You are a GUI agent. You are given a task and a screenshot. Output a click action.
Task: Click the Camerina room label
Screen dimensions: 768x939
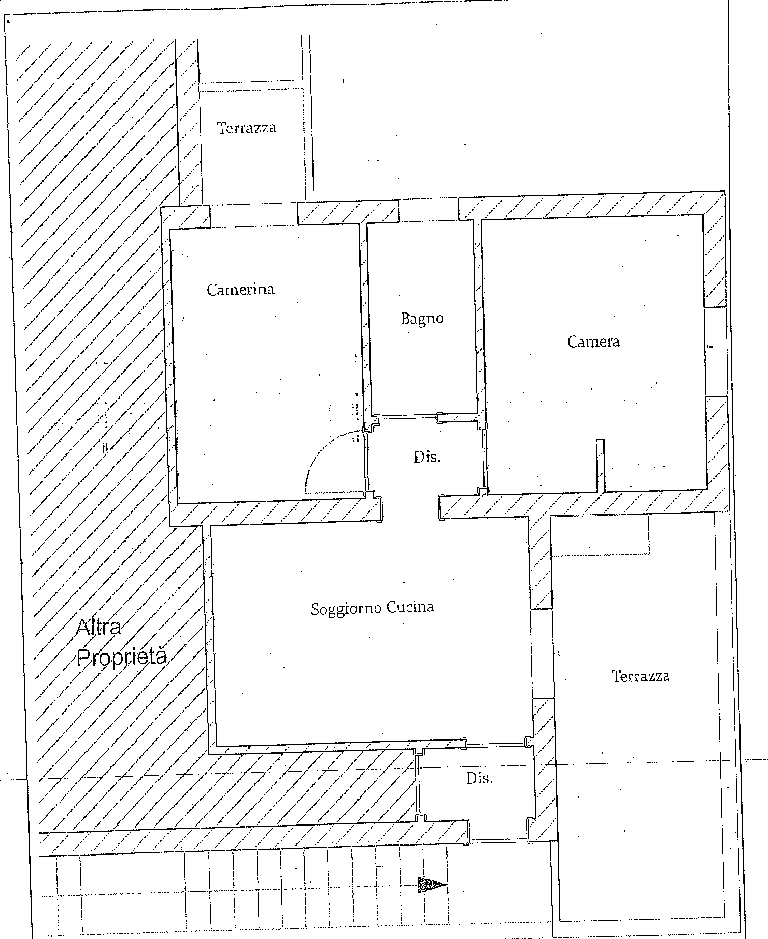pyautogui.click(x=240, y=289)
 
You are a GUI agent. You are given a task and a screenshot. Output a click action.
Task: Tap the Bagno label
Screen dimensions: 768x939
pyautogui.click(x=422, y=319)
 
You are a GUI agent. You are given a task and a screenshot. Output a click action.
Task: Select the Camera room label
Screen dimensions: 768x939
pyautogui.click(x=593, y=341)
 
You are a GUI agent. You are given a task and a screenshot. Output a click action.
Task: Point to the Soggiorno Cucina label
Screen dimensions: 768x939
pyautogui.click(x=373, y=608)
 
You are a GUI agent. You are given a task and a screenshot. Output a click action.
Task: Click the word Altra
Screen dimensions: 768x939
pyautogui.click(x=99, y=627)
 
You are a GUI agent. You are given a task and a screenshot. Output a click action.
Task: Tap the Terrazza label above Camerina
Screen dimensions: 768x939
pyautogui.click(x=247, y=127)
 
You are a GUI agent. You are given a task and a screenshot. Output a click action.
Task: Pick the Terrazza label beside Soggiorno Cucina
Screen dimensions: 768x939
pyautogui.click(x=640, y=676)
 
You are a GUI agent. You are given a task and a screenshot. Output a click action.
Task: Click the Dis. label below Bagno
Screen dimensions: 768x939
pyautogui.click(x=427, y=457)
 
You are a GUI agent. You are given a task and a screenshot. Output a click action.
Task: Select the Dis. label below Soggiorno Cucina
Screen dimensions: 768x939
pyautogui.click(x=480, y=778)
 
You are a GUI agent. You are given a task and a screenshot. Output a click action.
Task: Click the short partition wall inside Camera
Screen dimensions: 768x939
pyautogui.click(x=601, y=465)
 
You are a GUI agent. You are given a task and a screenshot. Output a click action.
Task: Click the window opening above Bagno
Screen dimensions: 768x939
pyautogui.click(x=429, y=210)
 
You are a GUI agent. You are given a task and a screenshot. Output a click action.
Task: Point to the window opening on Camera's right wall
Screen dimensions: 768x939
pyautogui.click(x=716, y=352)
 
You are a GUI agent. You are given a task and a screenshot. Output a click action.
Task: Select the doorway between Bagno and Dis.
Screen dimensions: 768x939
pyautogui.click(x=409, y=417)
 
